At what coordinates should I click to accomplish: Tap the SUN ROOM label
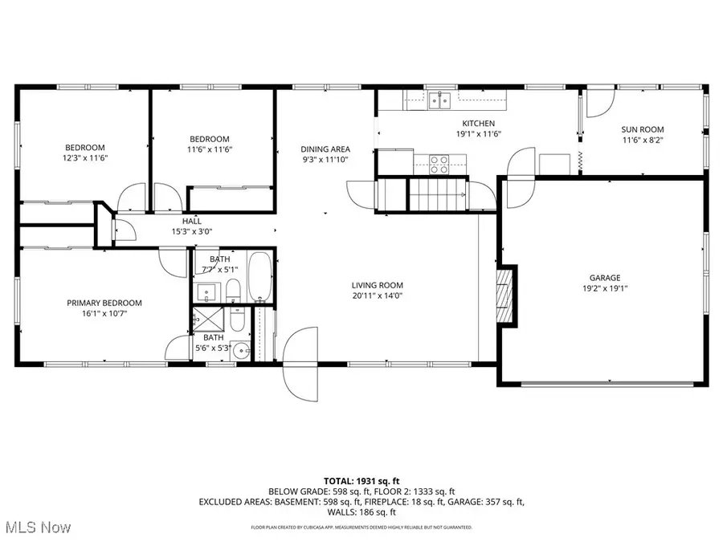click(x=643, y=129)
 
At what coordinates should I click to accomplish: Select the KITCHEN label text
click(x=478, y=123)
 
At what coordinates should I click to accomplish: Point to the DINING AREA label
click(x=325, y=149)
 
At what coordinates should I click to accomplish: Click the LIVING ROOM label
click(x=377, y=285)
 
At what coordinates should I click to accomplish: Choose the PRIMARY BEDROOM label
click(x=104, y=303)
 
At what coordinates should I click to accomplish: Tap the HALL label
click(x=192, y=221)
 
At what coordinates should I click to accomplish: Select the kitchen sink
click(x=438, y=100)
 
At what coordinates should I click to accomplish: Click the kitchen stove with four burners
click(x=439, y=164)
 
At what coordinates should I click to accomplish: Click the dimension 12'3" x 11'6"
click(x=84, y=158)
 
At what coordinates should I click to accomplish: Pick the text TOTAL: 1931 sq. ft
click(x=361, y=480)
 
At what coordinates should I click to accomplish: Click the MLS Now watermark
click(x=37, y=528)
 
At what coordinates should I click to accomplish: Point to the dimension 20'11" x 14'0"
click(x=377, y=295)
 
